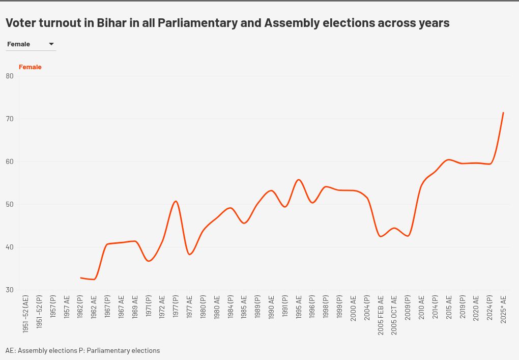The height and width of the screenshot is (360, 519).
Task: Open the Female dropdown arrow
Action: point(51,44)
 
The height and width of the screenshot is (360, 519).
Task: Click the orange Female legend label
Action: point(30,67)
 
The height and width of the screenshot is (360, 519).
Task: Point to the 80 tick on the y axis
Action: point(10,76)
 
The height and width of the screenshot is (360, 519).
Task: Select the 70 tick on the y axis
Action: point(10,119)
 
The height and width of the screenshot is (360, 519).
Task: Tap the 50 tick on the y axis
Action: point(10,205)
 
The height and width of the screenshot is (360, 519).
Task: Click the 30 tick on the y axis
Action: point(10,290)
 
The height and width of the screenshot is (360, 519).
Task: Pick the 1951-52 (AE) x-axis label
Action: point(26,314)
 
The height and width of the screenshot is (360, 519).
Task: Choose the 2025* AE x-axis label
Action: point(504,309)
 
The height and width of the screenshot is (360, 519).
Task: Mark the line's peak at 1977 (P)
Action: point(176,201)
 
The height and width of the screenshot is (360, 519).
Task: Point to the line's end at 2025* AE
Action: point(503,113)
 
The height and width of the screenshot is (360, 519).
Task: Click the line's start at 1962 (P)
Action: point(80,278)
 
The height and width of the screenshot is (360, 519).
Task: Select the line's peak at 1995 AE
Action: point(299,180)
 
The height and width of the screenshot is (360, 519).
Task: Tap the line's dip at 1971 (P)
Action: point(149,261)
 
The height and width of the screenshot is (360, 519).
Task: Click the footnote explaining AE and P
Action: point(83,351)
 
